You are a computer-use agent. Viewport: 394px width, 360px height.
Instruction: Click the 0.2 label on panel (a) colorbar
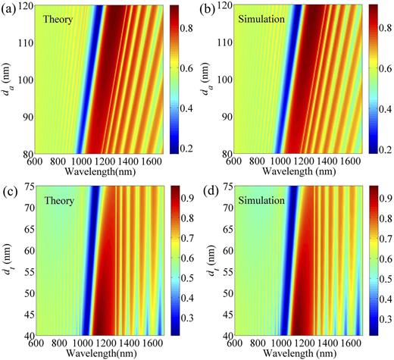[x=187, y=142]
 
